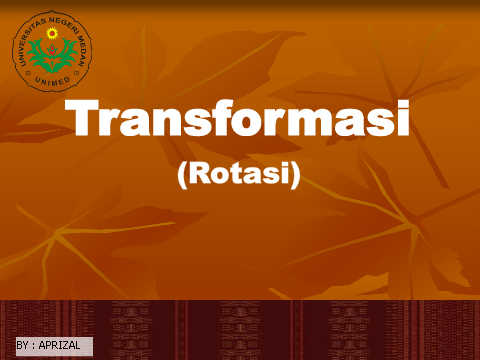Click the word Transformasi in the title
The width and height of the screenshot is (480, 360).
[237, 118]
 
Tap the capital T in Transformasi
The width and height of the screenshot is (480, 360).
[82, 118]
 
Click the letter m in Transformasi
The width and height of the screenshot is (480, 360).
[311, 122]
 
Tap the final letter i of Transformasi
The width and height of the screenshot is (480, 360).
[404, 118]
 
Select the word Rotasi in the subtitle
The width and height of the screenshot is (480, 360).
[239, 174]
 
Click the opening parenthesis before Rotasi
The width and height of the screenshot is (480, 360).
[182, 175]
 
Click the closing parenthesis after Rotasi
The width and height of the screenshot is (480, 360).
[295, 175]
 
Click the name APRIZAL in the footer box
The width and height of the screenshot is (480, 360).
[59, 345]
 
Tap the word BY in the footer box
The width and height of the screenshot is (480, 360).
[22, 345]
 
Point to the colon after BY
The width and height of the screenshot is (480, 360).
[33, 346]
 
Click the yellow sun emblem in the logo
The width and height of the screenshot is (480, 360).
[52, 33]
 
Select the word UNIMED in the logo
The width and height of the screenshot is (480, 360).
[52, 81]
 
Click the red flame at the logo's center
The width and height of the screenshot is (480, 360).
[52, 51]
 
